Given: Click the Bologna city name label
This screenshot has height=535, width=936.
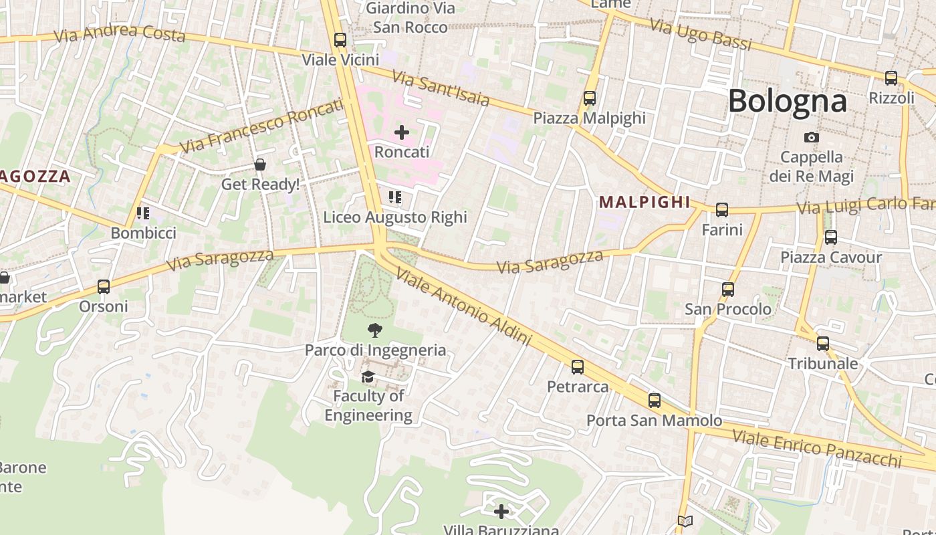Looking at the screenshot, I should (x=787, y=101).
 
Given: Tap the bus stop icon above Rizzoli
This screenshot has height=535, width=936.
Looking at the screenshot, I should (x=891, y=78).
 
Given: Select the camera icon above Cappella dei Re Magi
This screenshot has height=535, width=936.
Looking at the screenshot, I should (x=811, y=137).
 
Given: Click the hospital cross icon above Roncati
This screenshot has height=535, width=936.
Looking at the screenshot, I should (x=401, y=132).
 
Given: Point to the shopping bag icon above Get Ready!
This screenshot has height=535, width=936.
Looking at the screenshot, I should (x=260, y=165).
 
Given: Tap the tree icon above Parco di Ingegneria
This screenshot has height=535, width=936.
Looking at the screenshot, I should (x=374, y=329).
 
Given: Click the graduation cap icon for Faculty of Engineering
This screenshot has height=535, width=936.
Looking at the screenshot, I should (x=368, y=377).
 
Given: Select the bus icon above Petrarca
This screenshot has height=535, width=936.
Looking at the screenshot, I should (x=578, y=367).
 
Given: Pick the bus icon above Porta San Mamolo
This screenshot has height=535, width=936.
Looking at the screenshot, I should (x=655, y=401).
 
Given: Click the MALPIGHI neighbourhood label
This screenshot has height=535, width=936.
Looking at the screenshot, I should (x=644, y=202).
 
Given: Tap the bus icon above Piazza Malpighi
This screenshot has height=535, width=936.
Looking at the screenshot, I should (x=589, y=98).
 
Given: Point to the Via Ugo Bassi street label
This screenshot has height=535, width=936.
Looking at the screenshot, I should (x=701, y=35).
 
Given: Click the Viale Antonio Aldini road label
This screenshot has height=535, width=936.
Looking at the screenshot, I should (x=463, y=307).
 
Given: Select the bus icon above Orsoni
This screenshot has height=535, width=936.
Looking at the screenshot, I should (x=104, y=287).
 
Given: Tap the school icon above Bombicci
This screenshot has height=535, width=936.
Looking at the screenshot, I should (x=142, y=213).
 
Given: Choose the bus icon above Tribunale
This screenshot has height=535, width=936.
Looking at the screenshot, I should (x=823, y=344).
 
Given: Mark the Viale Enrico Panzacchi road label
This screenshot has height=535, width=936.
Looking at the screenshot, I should (x=817, y=448).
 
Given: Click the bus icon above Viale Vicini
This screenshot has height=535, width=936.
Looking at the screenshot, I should (x=340, y=40).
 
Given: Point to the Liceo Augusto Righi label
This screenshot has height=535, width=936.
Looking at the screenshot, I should (x=394, y=217).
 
